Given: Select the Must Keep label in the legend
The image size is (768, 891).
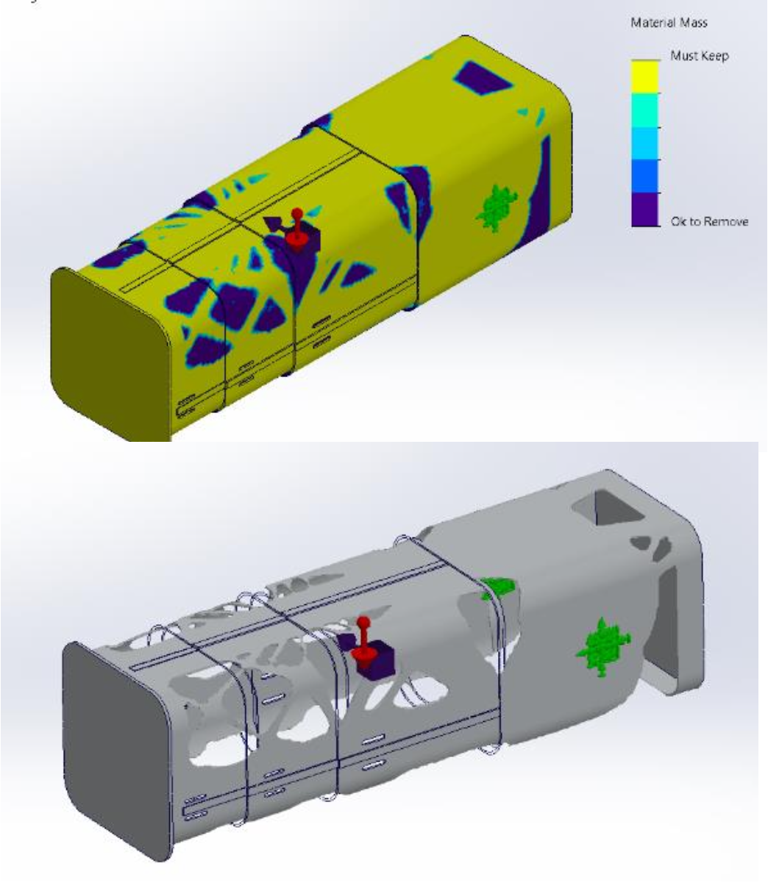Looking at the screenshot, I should (699, 56).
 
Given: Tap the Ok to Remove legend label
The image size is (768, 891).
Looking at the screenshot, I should (708, 221).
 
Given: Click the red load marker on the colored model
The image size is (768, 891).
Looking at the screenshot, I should (297, 228).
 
